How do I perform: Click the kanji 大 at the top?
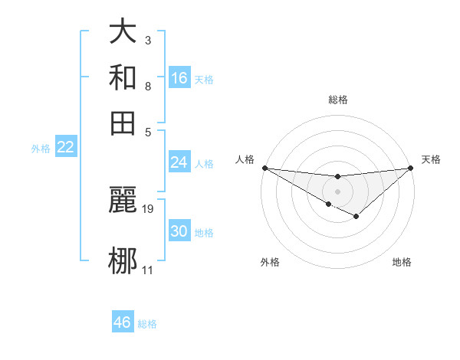[x=123, y=33]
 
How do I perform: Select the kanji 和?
[x=123, y=77]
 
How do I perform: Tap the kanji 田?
[x=123, y=123]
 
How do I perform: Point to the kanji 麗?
[x=123, y=201]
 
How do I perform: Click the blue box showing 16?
[x=179, y=77]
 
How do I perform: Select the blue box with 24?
[x=179, y=162]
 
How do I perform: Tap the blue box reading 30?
[x=179, y=231]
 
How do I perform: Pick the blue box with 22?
[x=65, y=147]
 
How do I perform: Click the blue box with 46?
[x=123, y=322]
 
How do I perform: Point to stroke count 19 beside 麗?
[x=148, y=208]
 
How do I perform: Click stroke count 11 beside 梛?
[x=148, y=270]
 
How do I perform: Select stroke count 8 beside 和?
[x=147, y=86]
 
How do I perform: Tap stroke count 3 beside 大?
[x=147, y=41]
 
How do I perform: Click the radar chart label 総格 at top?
[x=337, y=100]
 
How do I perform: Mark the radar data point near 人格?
[x=264, y=167]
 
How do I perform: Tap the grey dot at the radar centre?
[x=337, y=190]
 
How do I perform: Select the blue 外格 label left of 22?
[x=40, y=149]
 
